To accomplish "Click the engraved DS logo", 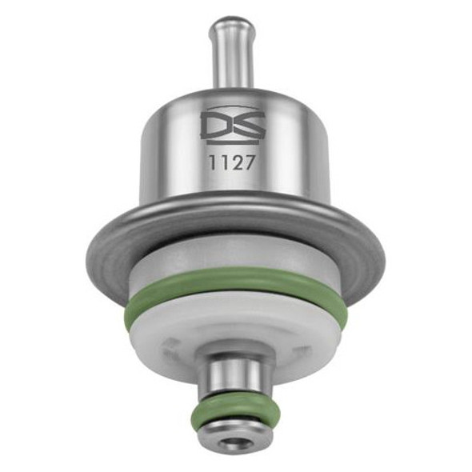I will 227,127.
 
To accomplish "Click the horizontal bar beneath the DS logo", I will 227,142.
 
